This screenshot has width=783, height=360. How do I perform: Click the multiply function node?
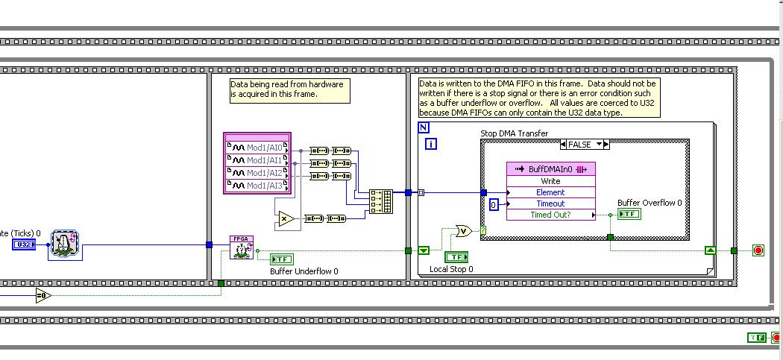click(x=285, y=218)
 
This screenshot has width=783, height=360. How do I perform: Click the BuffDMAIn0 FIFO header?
click(x=550, y=169)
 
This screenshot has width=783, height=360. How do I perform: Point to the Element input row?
click(x=550, y=192)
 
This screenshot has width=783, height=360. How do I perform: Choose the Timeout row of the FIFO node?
click(x=550, y=203)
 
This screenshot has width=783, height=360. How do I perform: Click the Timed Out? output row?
click(x=550, y=215)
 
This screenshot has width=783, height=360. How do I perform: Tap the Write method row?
click(x=550, y=181)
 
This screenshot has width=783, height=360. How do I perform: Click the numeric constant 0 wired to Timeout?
click(x=493, y=204)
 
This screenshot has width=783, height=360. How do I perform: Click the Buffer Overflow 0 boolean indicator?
click(x=629, y=215)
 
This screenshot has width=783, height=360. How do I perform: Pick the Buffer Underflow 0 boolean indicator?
click(x=282, y=259)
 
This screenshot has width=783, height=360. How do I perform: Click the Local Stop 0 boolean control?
click(x=456, y=257)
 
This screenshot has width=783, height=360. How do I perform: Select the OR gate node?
click(x=462, y=230)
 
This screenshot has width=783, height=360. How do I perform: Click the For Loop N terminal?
click(x=424, y=127)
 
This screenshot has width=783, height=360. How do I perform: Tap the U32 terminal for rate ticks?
click(x=23, y=244)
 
